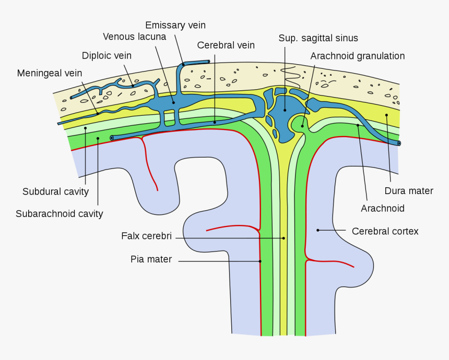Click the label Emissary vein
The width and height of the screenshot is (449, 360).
[175, 25]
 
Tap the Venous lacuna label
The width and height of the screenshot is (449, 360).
[134, 37]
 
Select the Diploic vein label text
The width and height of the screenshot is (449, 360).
[107, 55]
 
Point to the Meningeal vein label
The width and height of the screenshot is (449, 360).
[50, 73]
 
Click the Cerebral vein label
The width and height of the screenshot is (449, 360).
[226, 45]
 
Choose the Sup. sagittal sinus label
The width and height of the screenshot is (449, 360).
[318, 38]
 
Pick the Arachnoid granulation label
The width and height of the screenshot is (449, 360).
[357, 56]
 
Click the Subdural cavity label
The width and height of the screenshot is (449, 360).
[55, 191]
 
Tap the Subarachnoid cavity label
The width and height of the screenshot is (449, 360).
[59, 213]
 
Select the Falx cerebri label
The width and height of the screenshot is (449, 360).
[146, 235]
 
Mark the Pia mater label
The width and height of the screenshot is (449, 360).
[151, 259]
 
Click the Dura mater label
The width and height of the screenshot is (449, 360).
[409, 190]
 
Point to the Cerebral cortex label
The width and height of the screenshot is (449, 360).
[385, 231]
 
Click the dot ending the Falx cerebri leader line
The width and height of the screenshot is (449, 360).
[283, 238]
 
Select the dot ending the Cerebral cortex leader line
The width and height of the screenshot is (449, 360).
[317, 230]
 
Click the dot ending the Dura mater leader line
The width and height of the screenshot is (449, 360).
[386, 115]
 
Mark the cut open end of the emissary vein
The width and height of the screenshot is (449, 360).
[208, 62]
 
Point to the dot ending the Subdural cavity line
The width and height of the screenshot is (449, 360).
[85, 128]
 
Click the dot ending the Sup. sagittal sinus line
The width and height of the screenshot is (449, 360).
[285, 110]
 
